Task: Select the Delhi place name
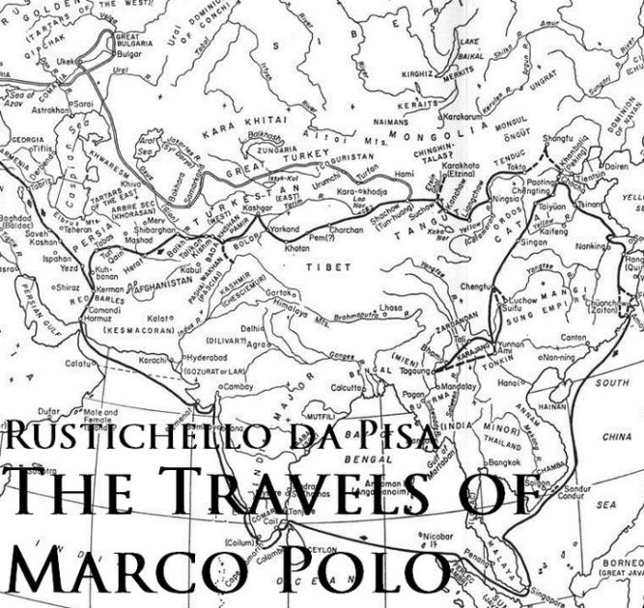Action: click(252, 328)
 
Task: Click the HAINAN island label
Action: click(554, 408)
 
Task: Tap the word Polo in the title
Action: click(350, 571)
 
